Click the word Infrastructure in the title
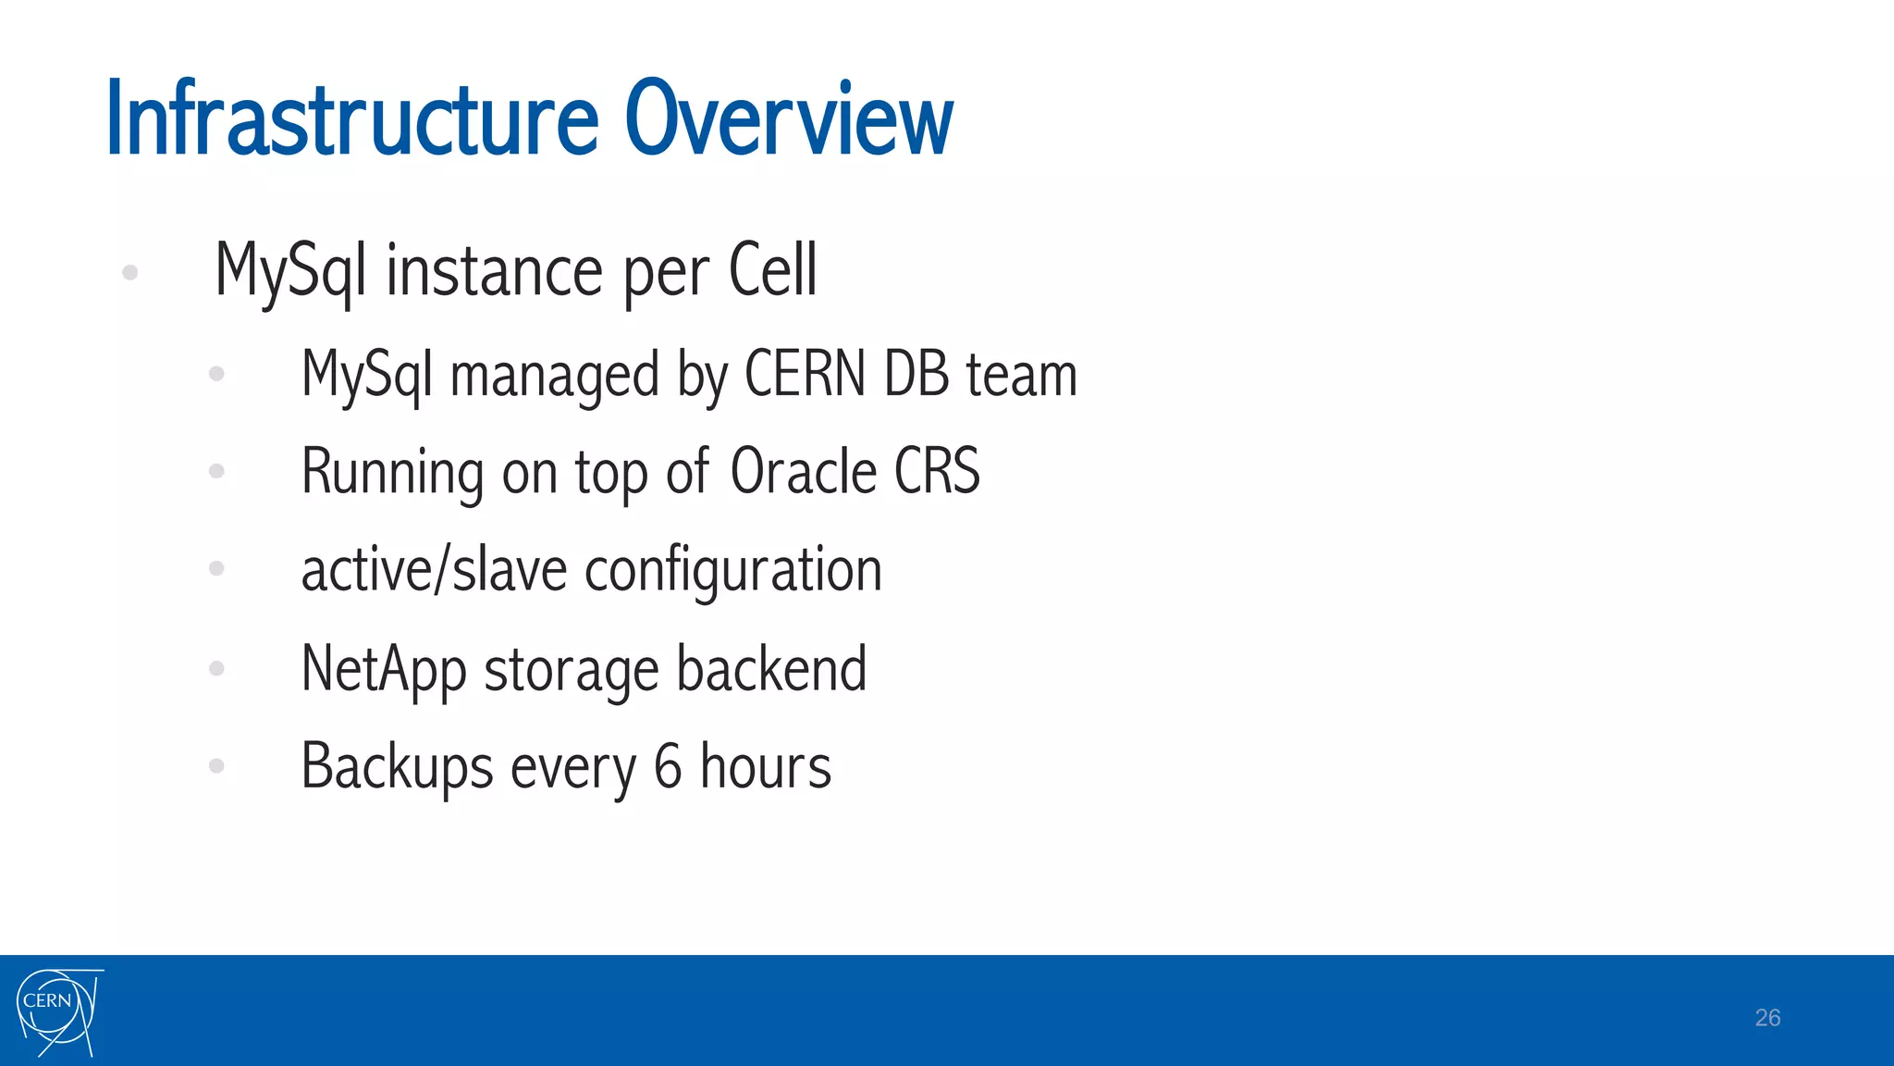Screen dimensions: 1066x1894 pyautogui.click(x=352, y=120)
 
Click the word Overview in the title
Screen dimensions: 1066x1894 pyautogui.click(x=789, y=120)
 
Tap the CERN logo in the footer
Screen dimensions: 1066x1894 pyautogui.click(x=57, y=1011)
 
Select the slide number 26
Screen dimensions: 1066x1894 pyautogui.click(x=1767, y=1018)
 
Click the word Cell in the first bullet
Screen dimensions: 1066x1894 pyautogui.click(x=773, y=270)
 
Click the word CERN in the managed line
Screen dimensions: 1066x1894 pyautogui.click(x=805, y=375)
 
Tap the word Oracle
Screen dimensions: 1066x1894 pyautogui.click(x=803, y=472)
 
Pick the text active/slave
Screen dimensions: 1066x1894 pyautogui.click(x=434, y=569)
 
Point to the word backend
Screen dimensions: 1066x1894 pyautogui.click(x=771, y=668)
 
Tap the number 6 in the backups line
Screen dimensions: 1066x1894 pyautogui.click(x=668, y=767)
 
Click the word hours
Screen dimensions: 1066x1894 pyautogui.click(x=766, y=767)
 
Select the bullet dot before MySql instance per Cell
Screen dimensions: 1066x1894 pyautogui.click(x=130, y=272)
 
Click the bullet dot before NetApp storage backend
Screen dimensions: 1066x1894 pyautogui.click(x=217, y=668)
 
